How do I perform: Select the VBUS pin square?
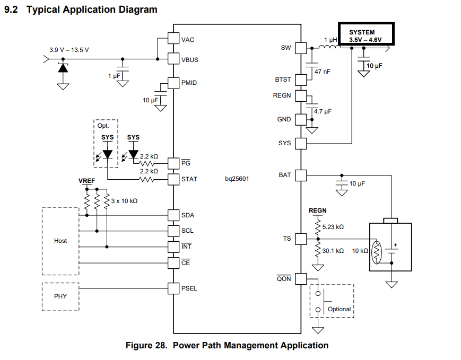[173, 59]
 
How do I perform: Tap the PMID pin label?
[189, 83]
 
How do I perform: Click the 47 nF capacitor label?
[322, 71]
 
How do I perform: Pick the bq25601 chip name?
[237, 179]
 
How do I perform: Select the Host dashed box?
[60, 241]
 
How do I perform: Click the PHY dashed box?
[60, 296]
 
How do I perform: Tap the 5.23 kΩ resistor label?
[333, 227]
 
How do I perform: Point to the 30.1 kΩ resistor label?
[333, 250]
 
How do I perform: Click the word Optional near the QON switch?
[339, 309]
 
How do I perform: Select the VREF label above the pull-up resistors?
[86, 181]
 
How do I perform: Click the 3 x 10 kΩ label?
[125, 201]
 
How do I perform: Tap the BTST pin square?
[301, 80]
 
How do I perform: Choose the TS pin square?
[301, 239]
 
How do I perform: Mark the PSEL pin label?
[189, 288]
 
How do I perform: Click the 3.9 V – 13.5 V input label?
[69, 50]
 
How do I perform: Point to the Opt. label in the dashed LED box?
[102, 126]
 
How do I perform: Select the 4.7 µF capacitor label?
[323, 111]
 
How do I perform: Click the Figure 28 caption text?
[227, 346]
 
